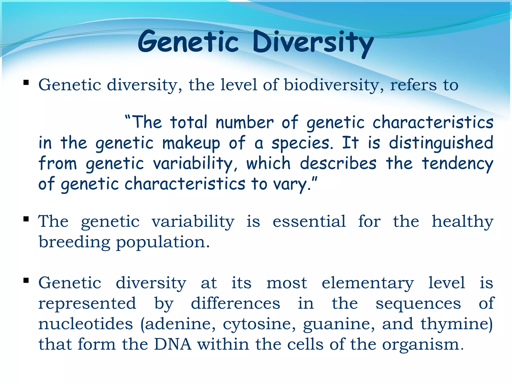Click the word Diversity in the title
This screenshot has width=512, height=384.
tap(312, 42)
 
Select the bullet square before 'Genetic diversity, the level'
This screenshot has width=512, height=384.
tap(26, 82)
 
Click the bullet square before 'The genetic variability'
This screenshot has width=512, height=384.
tap(26, 219)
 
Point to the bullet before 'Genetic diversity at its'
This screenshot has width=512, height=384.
tap(26, 280)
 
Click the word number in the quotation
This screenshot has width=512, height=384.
tap(244, 122)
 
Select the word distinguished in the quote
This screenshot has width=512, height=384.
tap(441, 143)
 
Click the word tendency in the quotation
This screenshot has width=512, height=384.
tap(457, 164)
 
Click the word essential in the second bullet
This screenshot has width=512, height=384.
tap(309, 221)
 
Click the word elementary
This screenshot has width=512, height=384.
tap(367, 283)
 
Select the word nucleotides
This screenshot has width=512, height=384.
tap(85, 324)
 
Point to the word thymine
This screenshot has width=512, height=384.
tap(456, 324)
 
